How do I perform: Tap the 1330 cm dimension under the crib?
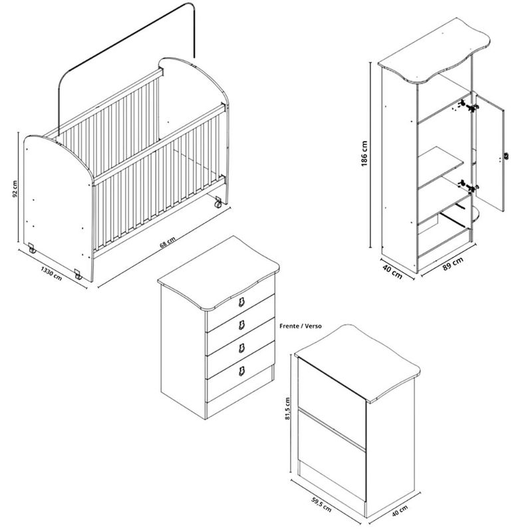click(51, 273)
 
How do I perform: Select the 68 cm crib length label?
click(168, 242)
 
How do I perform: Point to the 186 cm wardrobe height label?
click(364, 154)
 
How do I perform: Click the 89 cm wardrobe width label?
click(453, 264)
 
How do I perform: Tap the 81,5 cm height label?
click(288, 408)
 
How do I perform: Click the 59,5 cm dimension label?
click(321, 504)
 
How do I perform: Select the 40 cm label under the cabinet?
click(400, 511)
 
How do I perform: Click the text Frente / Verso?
click(301, 326)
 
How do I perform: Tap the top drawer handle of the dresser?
click(241, 302)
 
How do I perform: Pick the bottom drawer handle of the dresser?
click(241, 371)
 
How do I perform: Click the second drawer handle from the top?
click(241, 325)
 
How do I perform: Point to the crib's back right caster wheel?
click(218, 203)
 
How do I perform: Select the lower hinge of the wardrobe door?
click(469, 186)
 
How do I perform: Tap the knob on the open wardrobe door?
click(505, 156)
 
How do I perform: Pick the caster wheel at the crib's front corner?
click(78, 275)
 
